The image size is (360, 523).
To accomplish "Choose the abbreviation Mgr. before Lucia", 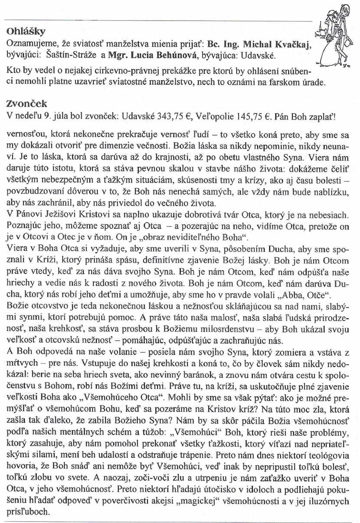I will [118, 56].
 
